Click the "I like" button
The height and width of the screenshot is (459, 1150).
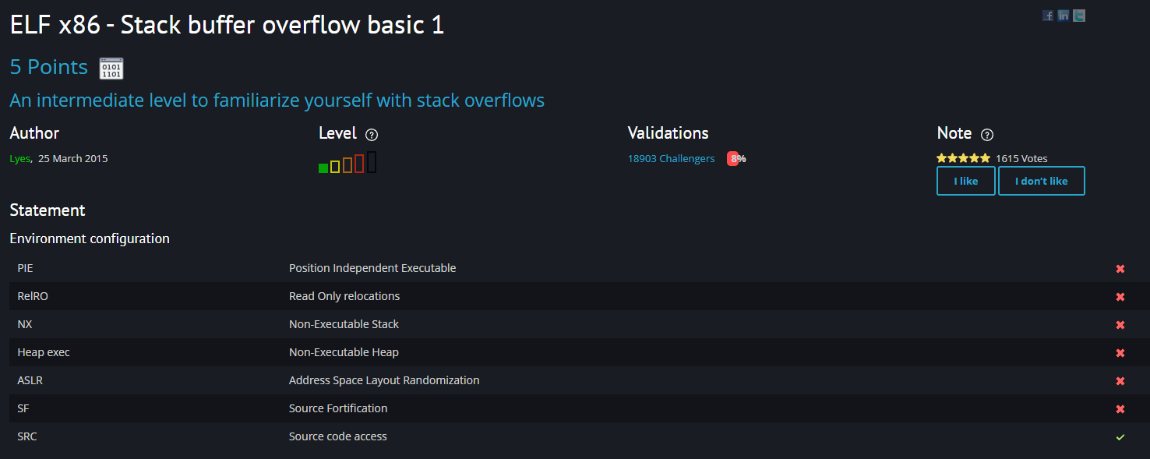click(x=965, y=181)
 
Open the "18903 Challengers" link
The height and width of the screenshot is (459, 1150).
click(x=671, y=159)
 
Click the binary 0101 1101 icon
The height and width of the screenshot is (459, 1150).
click(x=111, y=69)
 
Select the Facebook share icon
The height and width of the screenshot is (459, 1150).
click(x=1048, y=16)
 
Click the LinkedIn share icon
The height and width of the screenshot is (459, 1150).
click(x=1064, y=16)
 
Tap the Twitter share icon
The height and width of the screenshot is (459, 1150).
click(x=1079, y=16)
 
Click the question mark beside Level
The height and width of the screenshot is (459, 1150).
click(x=372, y=134)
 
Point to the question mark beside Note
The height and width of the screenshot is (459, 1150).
click(x=987, y=134)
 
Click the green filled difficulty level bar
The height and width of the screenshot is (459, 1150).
click(x=323, y=168)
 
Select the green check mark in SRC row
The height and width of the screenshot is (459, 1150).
click(x=1120, y=437)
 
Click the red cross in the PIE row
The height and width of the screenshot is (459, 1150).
click(x=1120, y=269)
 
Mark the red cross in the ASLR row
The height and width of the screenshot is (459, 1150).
click(x=1120, y=381)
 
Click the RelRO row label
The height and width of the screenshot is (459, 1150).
click(x=34, y=296)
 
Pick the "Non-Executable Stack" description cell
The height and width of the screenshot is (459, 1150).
click(x=344, y=324)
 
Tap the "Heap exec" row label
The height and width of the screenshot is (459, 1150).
click(x=44, y=352)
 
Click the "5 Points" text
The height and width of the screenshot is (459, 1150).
click(x=48, y=67)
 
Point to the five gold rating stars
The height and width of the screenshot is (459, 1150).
click(x=963, y=158)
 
